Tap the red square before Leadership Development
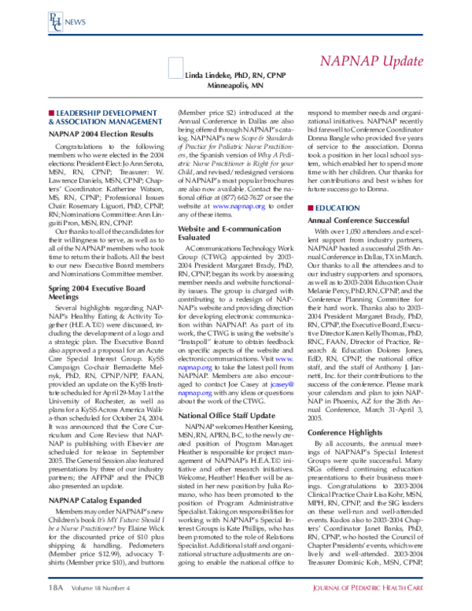pyautogui.click(x=51, y=113)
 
